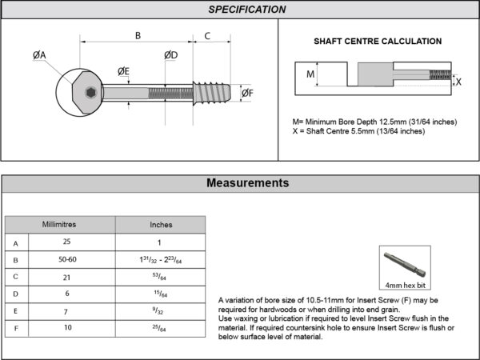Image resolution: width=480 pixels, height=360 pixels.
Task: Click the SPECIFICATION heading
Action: point(246,10)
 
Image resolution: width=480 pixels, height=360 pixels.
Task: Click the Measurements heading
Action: point(247,183)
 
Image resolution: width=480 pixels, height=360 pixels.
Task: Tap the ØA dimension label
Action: point(39,54)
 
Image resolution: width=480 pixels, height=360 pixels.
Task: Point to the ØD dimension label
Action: point(170,54)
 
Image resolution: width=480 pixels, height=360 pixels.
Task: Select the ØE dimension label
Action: point(123,71)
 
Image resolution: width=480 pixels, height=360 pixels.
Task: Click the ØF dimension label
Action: point(247,94)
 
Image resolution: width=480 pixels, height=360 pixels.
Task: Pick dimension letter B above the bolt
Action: point(137,35)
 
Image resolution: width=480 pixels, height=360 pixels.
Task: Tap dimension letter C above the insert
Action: point(207,35)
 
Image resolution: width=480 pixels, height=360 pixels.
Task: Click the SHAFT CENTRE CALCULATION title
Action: point(378,41)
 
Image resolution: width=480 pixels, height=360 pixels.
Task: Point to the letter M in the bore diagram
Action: point(311,74)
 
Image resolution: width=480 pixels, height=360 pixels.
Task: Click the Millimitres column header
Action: point(59,224)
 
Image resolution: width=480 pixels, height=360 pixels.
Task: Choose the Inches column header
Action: point(161,225)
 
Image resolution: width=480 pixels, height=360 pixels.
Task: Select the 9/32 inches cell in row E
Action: point(160,311)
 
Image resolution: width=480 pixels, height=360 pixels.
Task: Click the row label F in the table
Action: point(15,329)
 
